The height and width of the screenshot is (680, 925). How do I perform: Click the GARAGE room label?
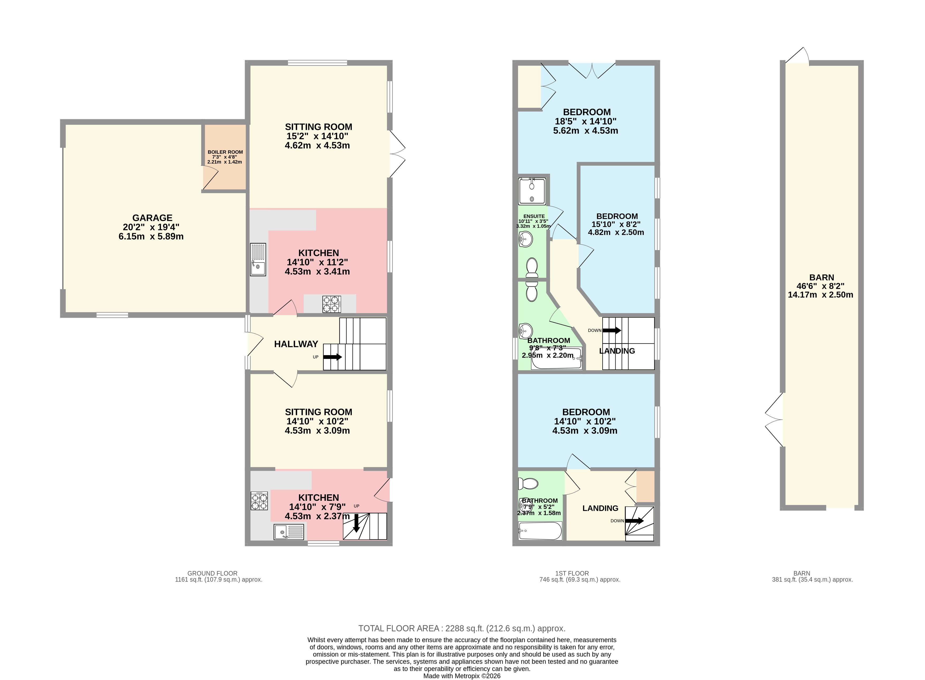pyautogui.click(x=152, y=218)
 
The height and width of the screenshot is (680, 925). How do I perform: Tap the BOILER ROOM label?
pyautogui.click(x=225, y=152)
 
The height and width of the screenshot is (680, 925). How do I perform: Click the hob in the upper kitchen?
pyautogui.click(x=332, y=304)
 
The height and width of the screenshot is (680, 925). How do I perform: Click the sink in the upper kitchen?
pyautogui.click(x=258, y=259)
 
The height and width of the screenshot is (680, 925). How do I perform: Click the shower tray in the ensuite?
pyautogui.click(x=532, y=191)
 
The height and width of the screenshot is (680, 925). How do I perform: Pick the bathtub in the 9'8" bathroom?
pyautogui.click(x=556, y=359)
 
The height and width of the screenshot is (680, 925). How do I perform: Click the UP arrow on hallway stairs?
pyautogui.click(x=332, y=357)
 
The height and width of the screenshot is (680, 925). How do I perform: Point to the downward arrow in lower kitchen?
pyautogui.click(x=356, y=523)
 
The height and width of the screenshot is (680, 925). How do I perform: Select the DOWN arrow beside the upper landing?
pyautogui.click(x=612, y=330)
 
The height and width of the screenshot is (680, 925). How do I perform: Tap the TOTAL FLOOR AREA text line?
pyautogui.click(x=462, y=628)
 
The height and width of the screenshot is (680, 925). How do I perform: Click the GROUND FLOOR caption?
pyautogui.click(x=212, y=573)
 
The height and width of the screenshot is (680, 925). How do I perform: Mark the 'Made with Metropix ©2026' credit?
pyautogui.click(x=462, y=676)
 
